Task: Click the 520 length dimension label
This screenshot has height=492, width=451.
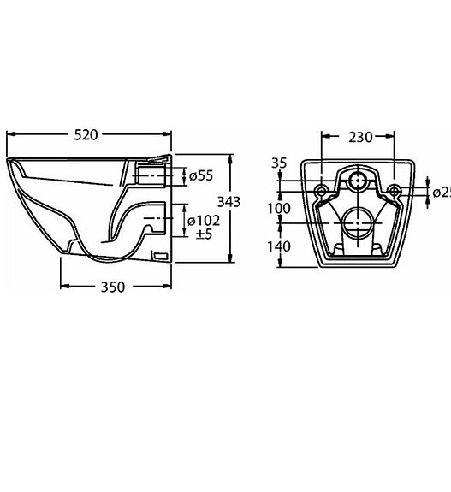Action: tap(86, 134)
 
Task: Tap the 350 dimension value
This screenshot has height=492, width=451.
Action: tap(113, 287)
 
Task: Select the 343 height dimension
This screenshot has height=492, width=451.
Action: tap(228, 202)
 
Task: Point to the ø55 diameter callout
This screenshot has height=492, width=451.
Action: tap(200, 175)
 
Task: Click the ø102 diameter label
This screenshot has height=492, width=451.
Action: tap(204, 221)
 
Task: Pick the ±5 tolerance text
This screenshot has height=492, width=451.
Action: tap(204, 234)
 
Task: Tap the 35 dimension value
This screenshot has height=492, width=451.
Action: tap(279, 163)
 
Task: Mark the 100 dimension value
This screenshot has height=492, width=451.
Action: tap(279, 209)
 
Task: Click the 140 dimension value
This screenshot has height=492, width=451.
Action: tap(279, 246)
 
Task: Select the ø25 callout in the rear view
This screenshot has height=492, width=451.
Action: tap(441, 193)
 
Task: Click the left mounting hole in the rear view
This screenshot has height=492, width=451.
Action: tap(320, 189)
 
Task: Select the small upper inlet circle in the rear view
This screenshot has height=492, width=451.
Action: tap(357, 181)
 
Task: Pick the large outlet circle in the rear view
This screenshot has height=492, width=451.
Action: tap(357, 225)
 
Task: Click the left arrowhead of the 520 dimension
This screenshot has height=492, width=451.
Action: tap(10, 134)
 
